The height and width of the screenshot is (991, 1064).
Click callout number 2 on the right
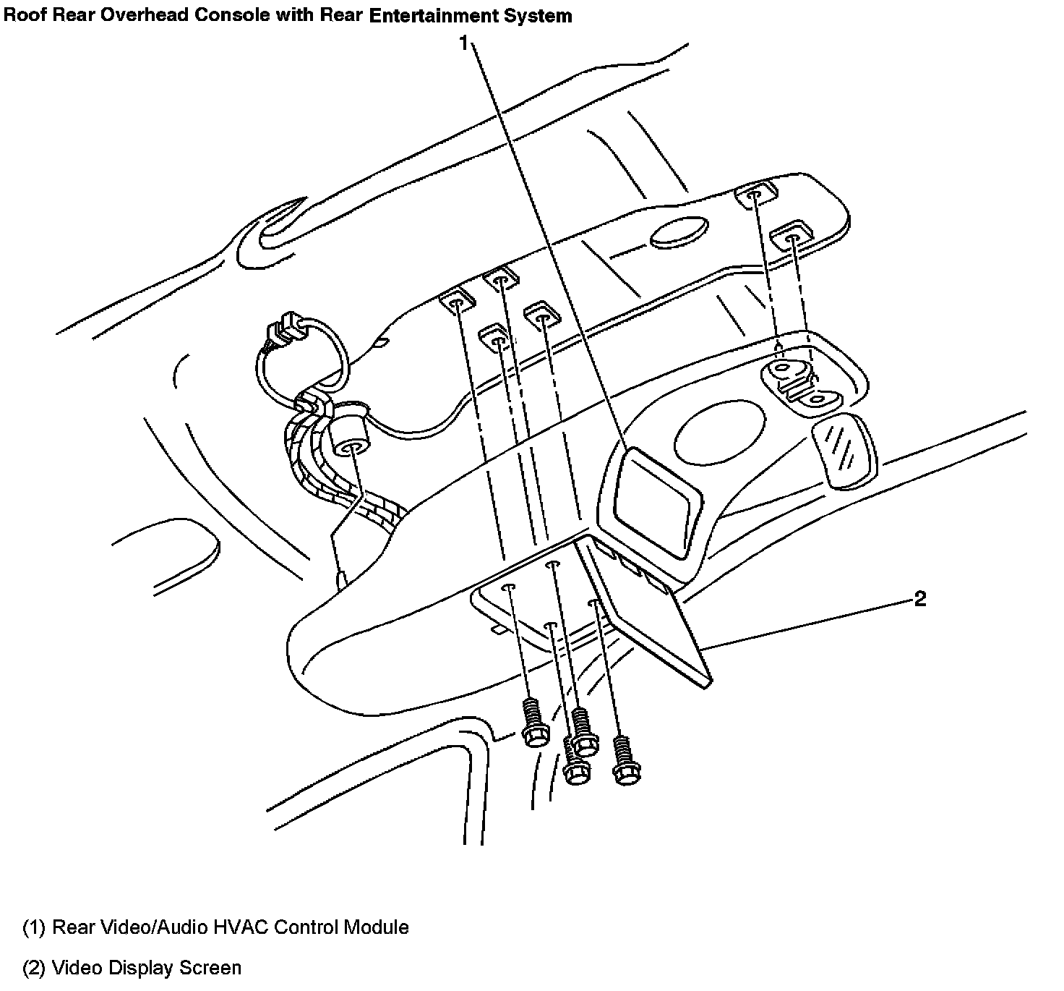(919, 599)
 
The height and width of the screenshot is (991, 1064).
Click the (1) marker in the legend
(34, 927)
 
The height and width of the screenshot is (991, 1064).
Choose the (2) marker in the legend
(34, 968)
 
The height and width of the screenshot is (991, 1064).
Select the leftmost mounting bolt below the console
(532, 723)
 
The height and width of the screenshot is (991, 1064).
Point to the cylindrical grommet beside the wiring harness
(350, 438)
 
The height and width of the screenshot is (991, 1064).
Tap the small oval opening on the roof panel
(678, 233)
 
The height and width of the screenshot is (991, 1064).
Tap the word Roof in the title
(25, 15)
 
